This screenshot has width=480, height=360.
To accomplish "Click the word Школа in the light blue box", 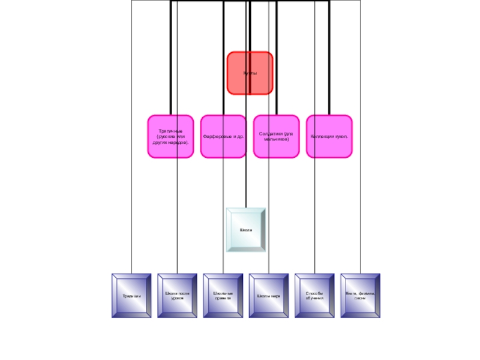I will [246, 230].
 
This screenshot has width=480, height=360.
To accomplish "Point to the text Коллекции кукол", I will [329, 137].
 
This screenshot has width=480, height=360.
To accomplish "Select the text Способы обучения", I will [314, 295].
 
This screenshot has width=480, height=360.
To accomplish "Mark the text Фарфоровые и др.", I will [223, 137].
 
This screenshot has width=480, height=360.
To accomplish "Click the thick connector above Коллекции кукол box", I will [329, 60].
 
